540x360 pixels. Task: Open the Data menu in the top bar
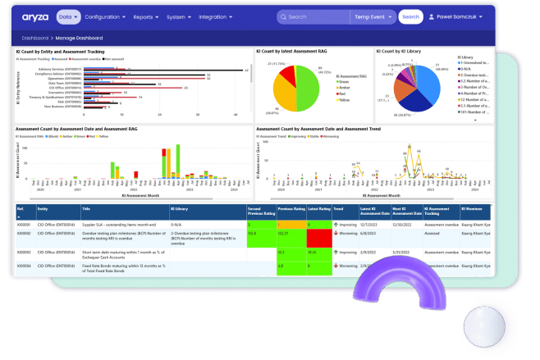point(68,16)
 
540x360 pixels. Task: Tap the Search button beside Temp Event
point(410,16)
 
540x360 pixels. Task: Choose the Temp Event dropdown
point(374,16)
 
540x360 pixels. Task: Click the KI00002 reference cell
point(25,234)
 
